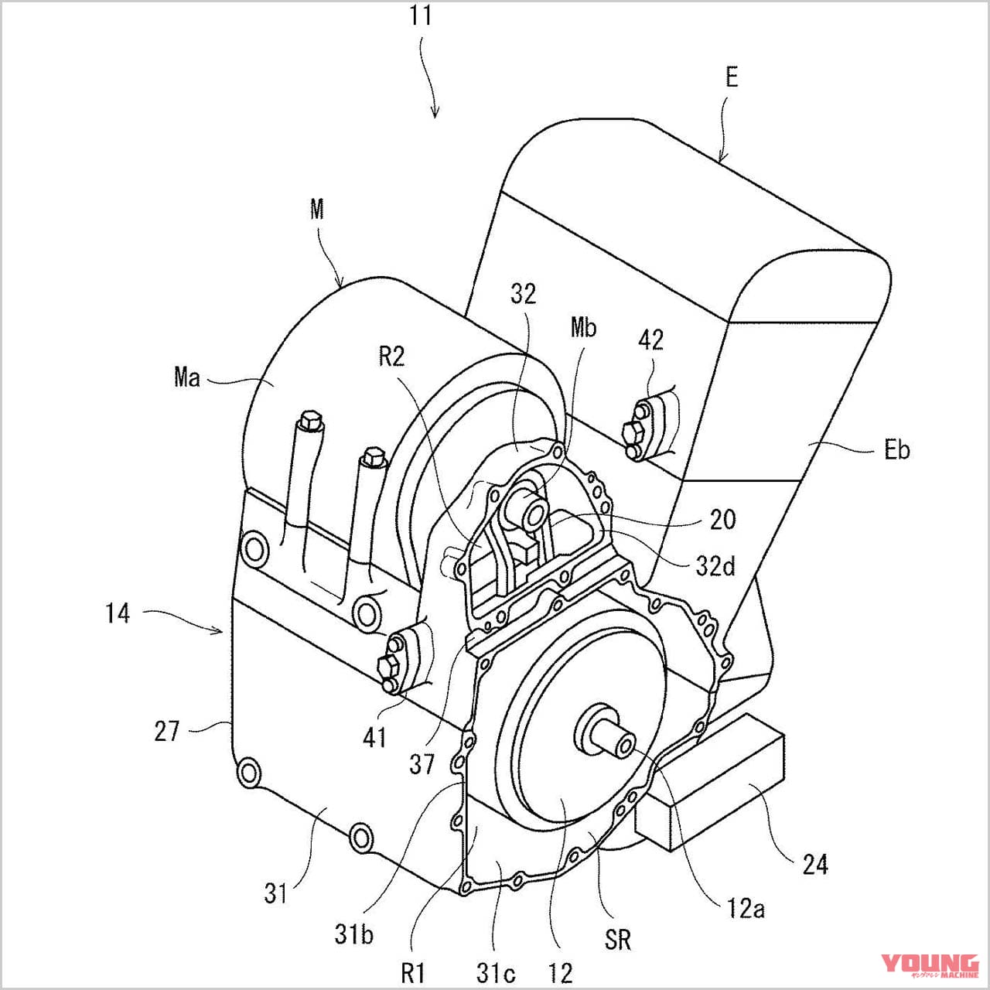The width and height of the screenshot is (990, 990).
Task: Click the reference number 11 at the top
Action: pos(420,15)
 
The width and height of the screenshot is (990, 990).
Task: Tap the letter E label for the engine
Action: pos(731,77)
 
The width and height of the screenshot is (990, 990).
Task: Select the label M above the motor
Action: pos(316,209)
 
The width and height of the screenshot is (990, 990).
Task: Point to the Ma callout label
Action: pos(187,377)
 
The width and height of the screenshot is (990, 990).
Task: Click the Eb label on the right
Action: pos(896,449)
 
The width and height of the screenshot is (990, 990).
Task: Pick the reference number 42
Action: pos(650,340)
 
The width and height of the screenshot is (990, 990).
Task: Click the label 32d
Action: pos(715,565)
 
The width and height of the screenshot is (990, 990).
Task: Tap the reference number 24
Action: pos(814,864)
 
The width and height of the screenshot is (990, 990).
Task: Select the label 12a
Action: pos(746,908)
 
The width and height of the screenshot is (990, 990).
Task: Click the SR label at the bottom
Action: pos(618,940)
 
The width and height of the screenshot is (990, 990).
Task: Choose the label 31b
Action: pos(353,934)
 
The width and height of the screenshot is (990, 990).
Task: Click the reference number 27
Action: pos(167,731)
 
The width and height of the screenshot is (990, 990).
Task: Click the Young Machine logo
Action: pos(930,964)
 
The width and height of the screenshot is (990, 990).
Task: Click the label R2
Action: pos(391,356)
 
